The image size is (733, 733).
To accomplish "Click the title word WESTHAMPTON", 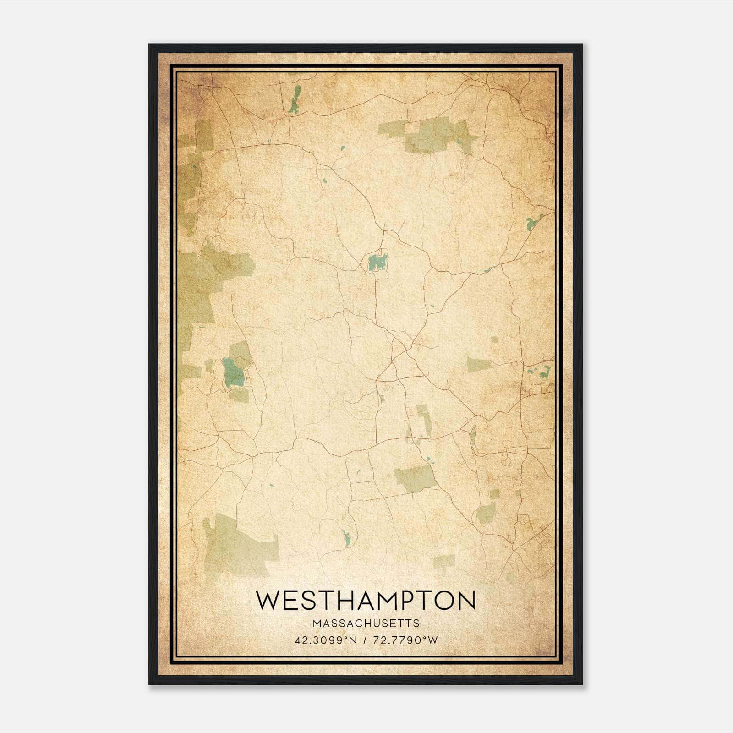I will (x=366, y=600).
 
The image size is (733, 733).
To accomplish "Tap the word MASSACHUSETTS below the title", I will (x=366, y=624).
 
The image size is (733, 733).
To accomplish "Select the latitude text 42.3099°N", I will (x=326, y=640).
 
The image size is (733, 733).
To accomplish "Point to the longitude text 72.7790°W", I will (x=405, y=640).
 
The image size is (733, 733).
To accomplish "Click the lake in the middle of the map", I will (x=377, y=263).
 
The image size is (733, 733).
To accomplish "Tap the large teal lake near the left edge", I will (x=233, y=372).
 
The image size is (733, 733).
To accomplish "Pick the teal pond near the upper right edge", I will (x=532, y=224).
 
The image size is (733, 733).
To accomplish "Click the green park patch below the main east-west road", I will (x=415, y=479).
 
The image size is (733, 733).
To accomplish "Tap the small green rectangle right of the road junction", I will (x=479, y=365).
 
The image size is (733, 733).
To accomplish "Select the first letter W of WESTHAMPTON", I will (x=266, y=600).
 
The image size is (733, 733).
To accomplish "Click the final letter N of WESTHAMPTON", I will (x=466, y=600).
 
